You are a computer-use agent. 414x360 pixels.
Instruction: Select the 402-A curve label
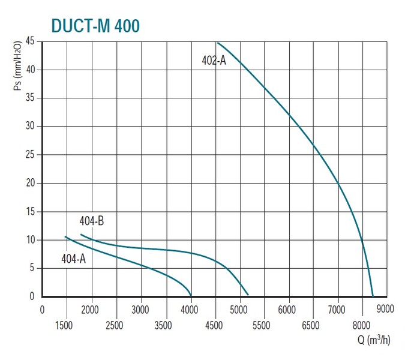[214, 61]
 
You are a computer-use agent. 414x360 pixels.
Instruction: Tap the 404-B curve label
[92, 221]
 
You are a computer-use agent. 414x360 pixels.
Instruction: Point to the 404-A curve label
[74, 259]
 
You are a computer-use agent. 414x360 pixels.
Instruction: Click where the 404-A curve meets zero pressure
[191, 296]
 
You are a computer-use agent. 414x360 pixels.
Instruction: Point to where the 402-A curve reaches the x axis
[373, 296]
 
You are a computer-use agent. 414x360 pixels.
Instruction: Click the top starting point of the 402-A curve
[218, 43]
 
